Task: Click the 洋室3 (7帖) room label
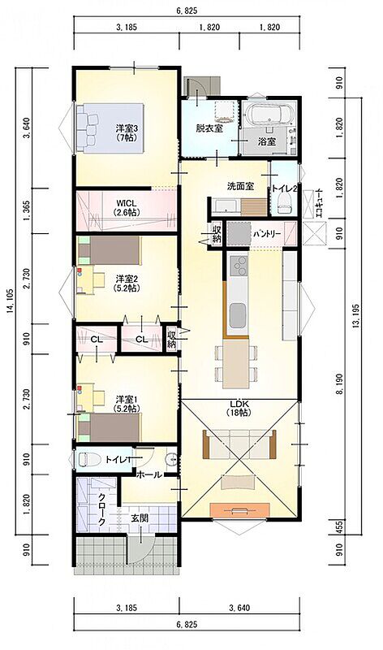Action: pos(127,133)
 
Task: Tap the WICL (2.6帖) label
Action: pos(127,208)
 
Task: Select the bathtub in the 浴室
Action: pos(269,115)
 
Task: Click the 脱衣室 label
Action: pos(209,128)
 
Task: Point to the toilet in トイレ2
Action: pos(284,204)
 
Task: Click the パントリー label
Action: pos(267,234)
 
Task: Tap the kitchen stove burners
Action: pos(238,266)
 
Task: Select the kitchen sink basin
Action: pos(238,314)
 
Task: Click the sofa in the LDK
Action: pos(239,444)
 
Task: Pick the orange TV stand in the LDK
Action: pos(239,510)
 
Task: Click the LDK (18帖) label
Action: pos(239,409)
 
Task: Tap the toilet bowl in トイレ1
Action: pos(88,459)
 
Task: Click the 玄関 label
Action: pos(140,518)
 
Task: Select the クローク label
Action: pos(101,509)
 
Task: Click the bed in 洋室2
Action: pos(110,251)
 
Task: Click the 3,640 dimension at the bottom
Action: pos(239,608)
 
